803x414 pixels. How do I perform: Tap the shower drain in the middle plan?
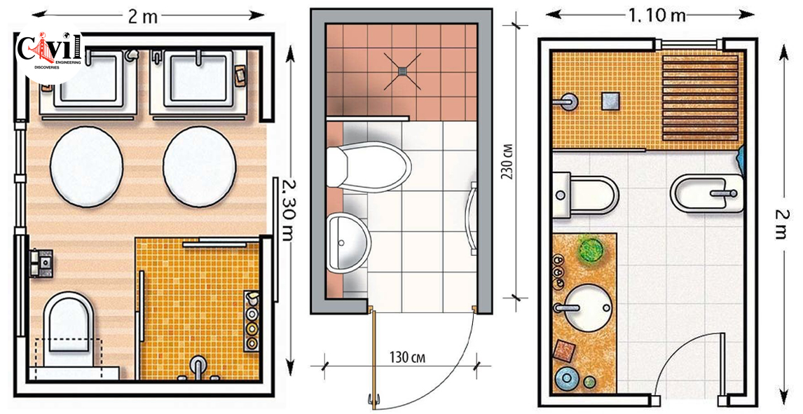tap(405, 70)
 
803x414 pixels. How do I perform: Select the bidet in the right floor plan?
tap(706, 193)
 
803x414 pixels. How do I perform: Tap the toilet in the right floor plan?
tap(587, 195)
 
